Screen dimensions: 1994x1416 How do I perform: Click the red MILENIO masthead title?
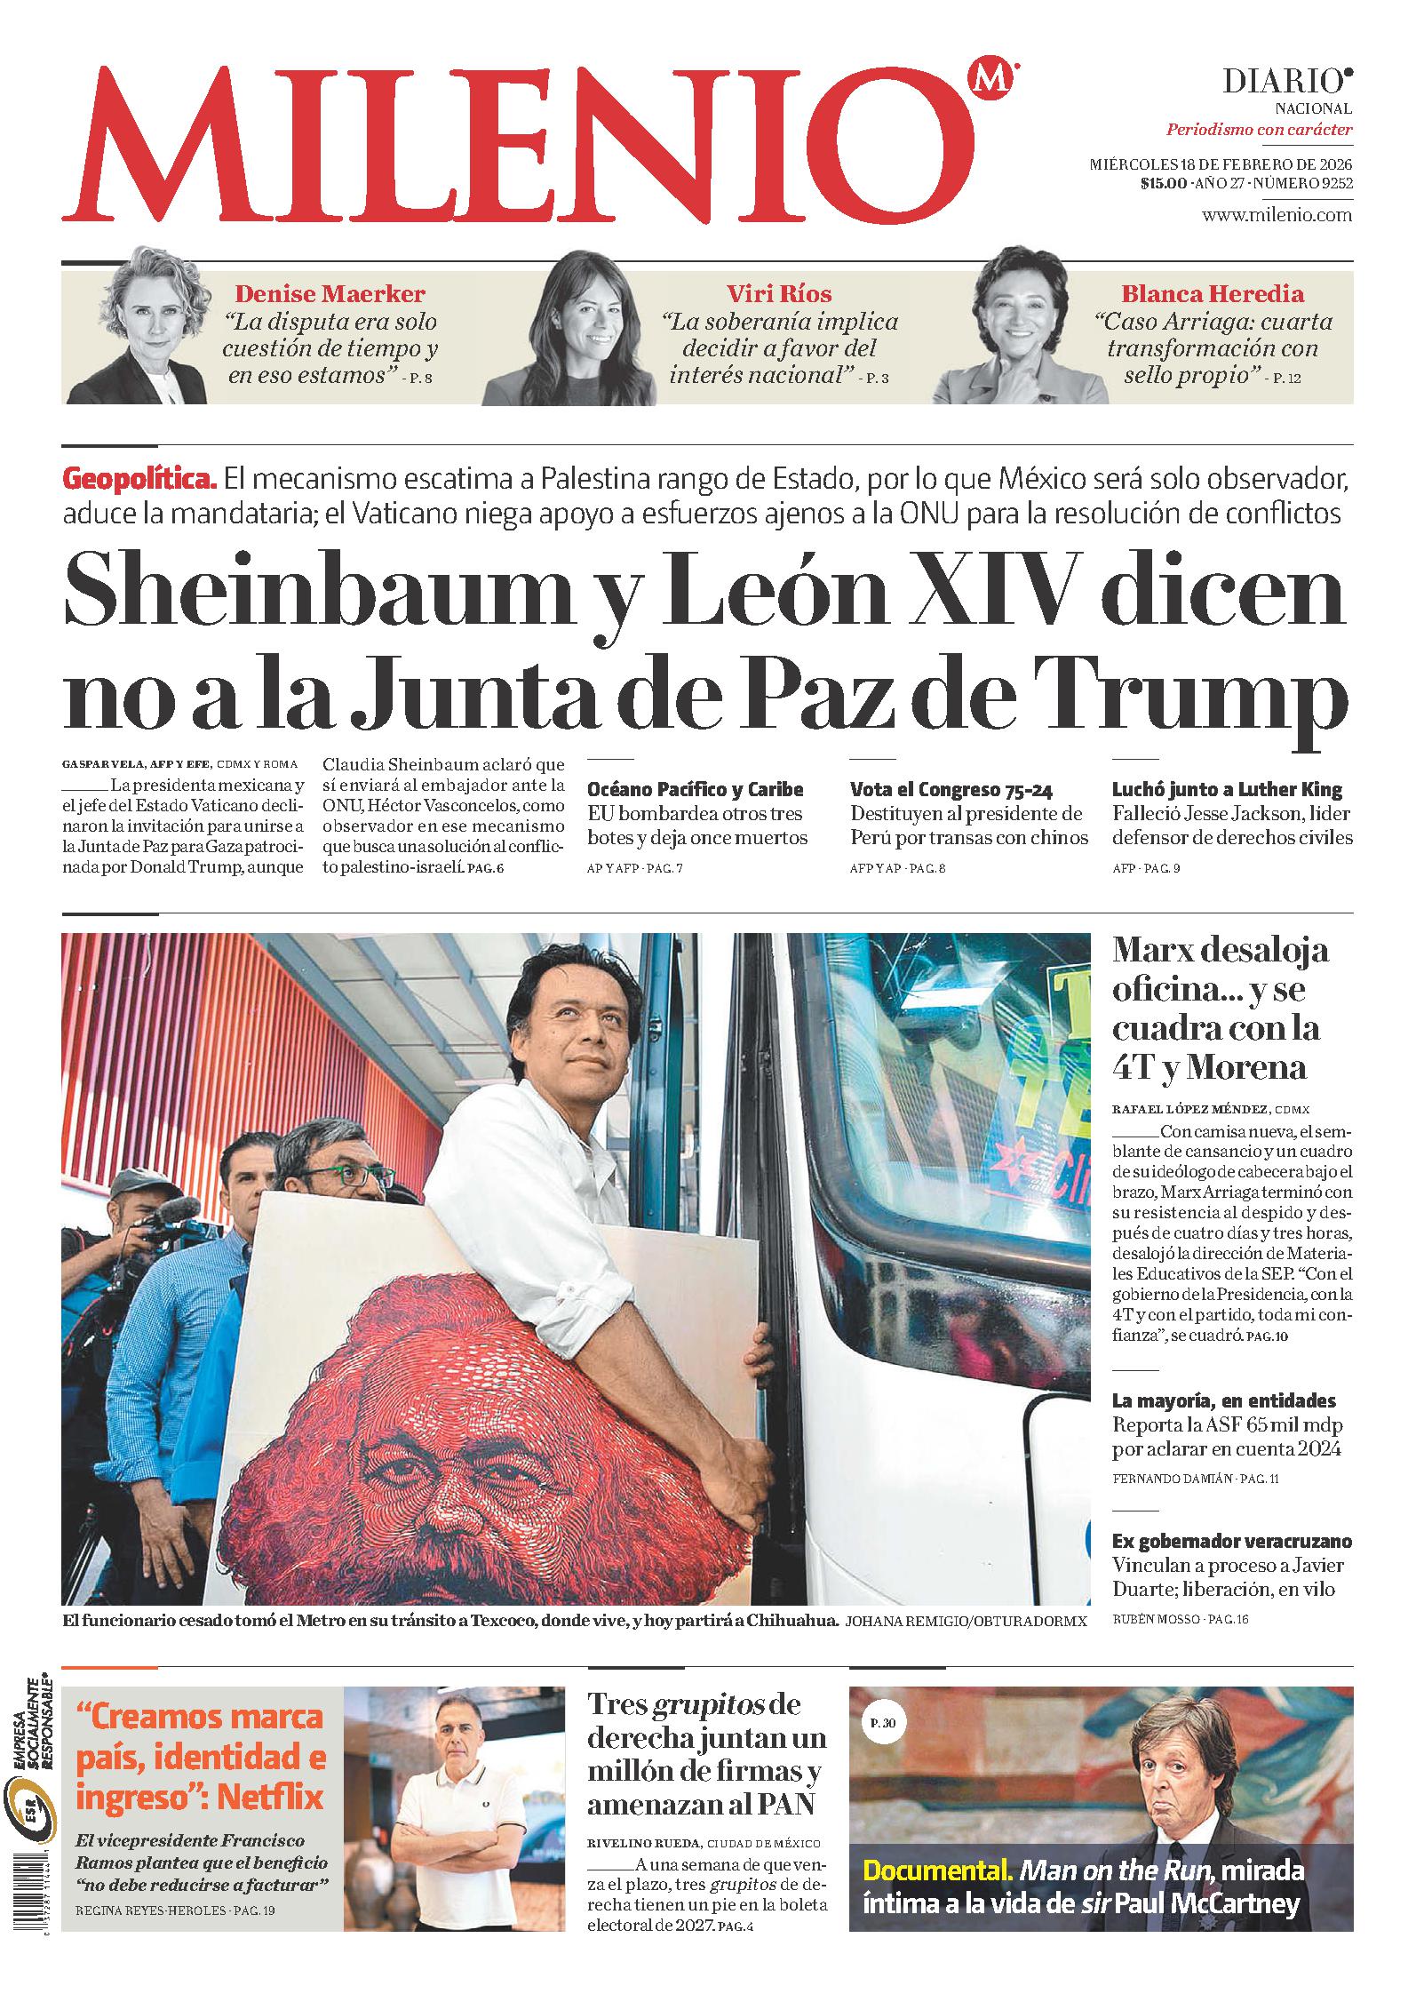[520, 147]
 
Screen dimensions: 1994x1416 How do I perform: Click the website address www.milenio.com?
[1277, 215]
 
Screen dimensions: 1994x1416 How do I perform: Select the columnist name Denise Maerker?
[329, 294]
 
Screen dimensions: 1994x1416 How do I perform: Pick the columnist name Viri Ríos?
[779, 294]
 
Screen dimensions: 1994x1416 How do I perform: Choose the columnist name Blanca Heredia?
[1212, 294]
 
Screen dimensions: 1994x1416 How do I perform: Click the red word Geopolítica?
[139, 480]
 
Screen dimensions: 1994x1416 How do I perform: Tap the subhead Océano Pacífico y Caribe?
[695, 789]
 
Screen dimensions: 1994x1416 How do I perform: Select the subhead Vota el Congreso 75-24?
[951, 789]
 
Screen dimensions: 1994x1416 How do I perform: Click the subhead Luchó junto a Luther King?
[1227, 789]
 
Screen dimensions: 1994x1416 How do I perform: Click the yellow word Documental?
[937, 1870]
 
